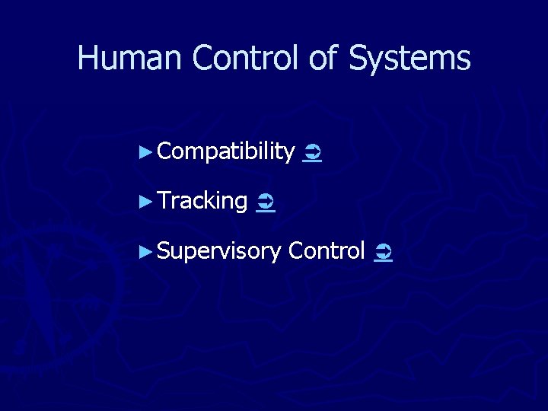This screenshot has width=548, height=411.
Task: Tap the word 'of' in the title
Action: point(320,58)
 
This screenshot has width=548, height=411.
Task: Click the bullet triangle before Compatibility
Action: point(148,153)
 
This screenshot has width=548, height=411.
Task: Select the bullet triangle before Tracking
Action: point(148,202)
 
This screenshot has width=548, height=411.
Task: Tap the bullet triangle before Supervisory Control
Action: point(148,250)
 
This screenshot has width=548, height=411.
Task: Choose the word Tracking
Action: point(202,202)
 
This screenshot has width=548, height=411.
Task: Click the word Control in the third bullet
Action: point(327,250)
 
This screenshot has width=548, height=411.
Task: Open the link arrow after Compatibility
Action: point(311,154)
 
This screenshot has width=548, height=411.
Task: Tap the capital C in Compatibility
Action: point(165,152)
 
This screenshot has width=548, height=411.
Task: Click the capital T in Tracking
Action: point(164,201)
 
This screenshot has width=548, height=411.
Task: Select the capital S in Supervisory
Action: point(164,250)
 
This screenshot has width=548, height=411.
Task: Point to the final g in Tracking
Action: point(241,204)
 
